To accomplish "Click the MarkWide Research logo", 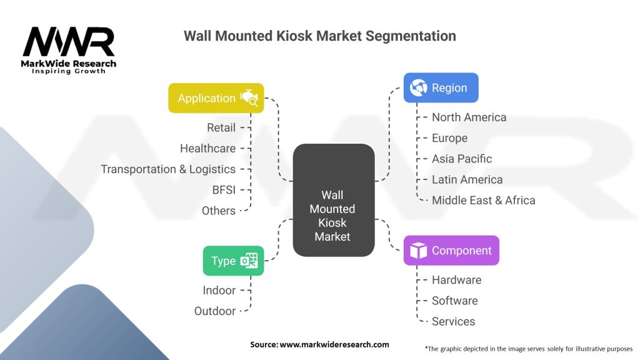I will coord(69,50).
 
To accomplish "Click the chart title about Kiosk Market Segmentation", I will coord(319,36).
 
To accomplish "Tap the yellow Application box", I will coord(216,98).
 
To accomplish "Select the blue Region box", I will coord(441,88).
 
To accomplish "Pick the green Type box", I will coord(233,261).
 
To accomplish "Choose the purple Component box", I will coord(451,251).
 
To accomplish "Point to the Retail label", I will coord(221,127).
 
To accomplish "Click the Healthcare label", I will coord(207,148).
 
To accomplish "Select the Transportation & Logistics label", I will coord(168,169).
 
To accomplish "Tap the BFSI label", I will coord(223,190).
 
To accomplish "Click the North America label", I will coord(469,117).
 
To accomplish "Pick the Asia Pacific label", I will coord(461,159).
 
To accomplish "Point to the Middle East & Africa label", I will coord(483,201).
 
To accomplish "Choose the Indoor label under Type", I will coord(219,290).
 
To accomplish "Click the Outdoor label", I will coord(215,311).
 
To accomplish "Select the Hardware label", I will coord(456,280).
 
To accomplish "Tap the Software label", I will coord(454,301).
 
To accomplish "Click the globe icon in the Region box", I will coord(418,88).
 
